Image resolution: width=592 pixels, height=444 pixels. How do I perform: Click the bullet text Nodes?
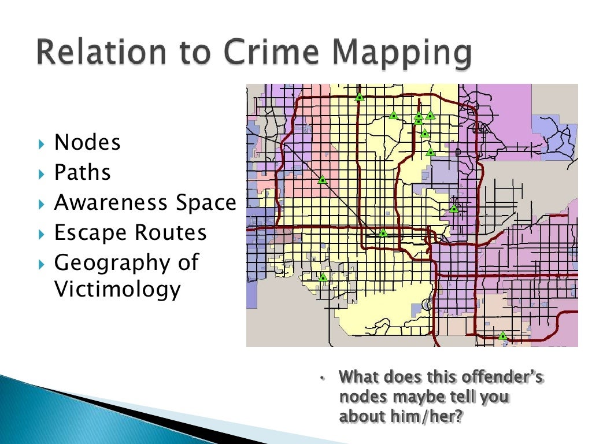click(87, 142)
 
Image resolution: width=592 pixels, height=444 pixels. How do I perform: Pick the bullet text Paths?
click(82, 172)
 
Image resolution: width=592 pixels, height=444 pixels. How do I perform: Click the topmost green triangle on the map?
click(360, 97)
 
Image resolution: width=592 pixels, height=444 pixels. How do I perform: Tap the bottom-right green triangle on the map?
click(502, 335)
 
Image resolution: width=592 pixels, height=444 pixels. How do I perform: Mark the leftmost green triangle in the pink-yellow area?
click(323, 180)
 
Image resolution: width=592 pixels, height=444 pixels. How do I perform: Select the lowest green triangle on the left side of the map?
click(323, 277)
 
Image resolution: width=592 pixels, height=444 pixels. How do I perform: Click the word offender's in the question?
click(502, 378)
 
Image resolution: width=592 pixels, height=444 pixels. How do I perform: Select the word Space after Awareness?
click(208, 203)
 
